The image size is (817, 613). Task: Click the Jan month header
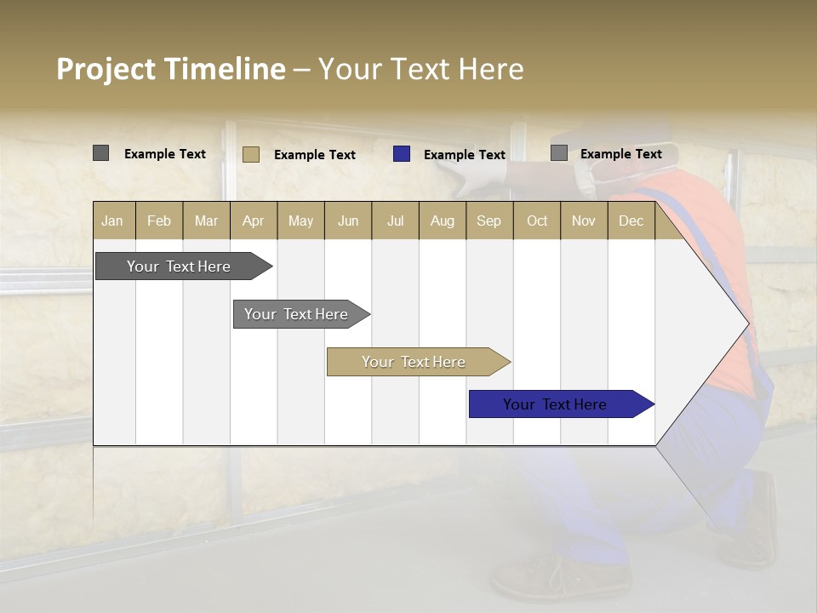coord(112,221)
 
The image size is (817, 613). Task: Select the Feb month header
coord(159,221)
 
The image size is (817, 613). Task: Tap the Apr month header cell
coord(253,221)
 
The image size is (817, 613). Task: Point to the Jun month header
coord(348,221)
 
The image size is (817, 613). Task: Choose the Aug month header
coord(442,221)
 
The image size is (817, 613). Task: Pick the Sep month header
coord(488,221)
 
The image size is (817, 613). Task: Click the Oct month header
coord(537,221)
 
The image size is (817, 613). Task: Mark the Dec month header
coord(631,221)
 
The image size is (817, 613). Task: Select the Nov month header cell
coord(584,221)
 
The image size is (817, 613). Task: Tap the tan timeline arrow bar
coord(414,362)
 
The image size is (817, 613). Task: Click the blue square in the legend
coord(402,154)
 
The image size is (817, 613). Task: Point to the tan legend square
coord(251,154)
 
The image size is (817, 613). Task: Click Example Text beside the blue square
coord(465,155)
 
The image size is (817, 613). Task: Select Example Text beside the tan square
coord(315,155)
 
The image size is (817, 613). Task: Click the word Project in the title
coord(106,69)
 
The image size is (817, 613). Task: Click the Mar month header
coord(206,221)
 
